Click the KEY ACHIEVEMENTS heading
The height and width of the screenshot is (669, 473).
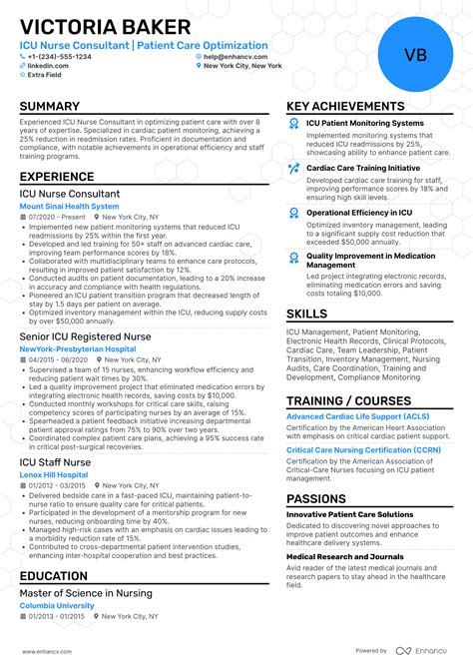pyautogui.click(x=345, y=106)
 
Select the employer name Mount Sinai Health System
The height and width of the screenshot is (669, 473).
pyautogui.click(x=69, y=206)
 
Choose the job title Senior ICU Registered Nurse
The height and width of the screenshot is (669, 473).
pyautogui.click(x=85, y=336)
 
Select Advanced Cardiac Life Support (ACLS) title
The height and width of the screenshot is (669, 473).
pyautogui.click(x=357, y=415)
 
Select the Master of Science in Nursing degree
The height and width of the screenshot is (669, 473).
pyautogui.click(x=86, y=593)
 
